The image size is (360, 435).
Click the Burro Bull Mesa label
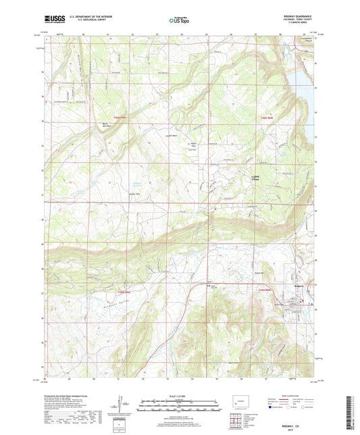click(x=105, y=125)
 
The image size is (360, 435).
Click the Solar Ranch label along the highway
click(x=213, y=285)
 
